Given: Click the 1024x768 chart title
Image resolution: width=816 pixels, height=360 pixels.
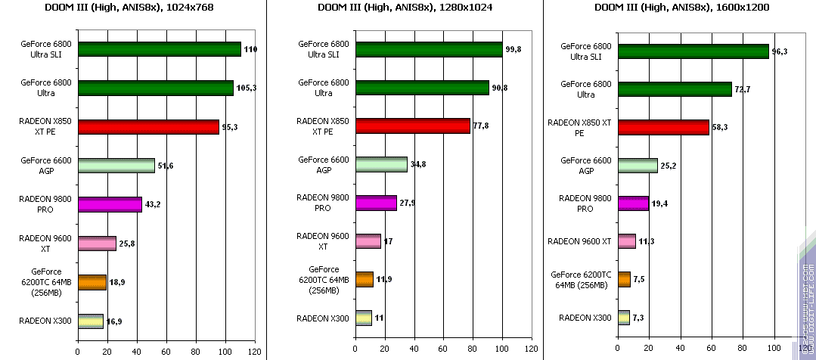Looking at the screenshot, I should coord(132,9).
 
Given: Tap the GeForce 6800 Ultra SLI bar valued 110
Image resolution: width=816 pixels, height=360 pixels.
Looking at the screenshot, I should coord(159,49).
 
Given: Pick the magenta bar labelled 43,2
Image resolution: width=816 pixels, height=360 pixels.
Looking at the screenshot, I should coord(110,204).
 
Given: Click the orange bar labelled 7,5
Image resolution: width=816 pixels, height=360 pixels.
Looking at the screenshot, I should coord(624,279).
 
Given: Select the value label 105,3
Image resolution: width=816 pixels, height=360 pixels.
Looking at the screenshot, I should coord(247,88).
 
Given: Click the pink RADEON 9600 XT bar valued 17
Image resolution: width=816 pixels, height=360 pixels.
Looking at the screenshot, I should coord(368,241).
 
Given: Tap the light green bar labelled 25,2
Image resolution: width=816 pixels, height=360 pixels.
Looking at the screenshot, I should coord(638,165).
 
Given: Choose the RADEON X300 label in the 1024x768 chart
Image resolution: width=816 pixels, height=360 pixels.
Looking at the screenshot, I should coord(45,321).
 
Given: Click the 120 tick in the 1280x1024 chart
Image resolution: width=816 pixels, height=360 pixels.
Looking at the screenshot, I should coord(532,350).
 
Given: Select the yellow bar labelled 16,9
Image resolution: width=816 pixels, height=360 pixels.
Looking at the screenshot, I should coord(90,321).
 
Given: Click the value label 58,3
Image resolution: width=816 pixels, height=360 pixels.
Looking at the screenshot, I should coord(721,127).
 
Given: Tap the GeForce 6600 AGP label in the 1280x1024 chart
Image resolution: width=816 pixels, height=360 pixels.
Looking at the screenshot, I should coord(324,164).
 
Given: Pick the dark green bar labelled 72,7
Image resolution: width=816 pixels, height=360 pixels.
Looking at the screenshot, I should coord(675,89).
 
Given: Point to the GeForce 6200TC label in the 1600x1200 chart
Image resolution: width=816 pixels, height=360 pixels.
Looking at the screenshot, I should coord(581,279).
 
